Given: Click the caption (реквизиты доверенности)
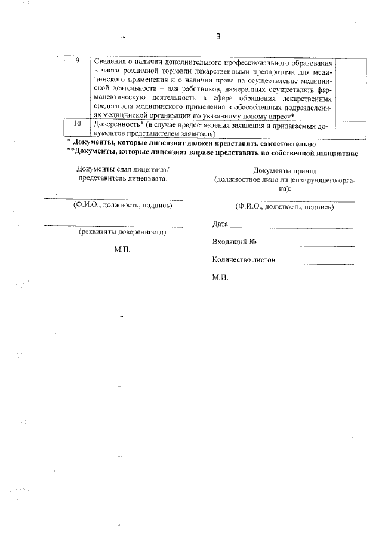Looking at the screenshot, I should click(x=122, y=233).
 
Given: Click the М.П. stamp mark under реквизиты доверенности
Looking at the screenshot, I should click(x=122, y=249).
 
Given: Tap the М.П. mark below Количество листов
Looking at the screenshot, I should click(x=220, y=278).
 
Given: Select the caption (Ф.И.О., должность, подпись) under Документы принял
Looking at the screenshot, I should click(x=284, y=207).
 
